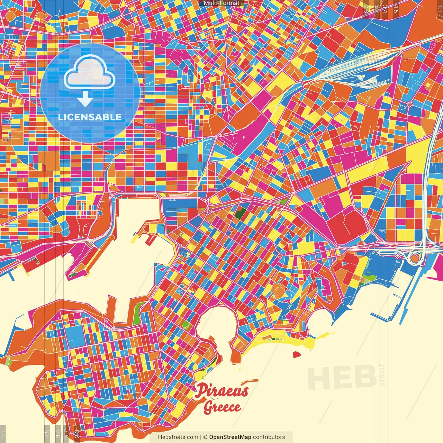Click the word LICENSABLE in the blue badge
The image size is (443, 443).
pyautogui.click(x=90, y=117)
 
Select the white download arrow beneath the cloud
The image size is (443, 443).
pyautogui.click(x=85, y=99)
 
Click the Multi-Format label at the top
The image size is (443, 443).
pyautogui.click(x=221, y=3)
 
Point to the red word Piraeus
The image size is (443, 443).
pyautogui.click(x=221, y=391)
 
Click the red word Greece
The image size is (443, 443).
pyautogui.click(x=222, y=407)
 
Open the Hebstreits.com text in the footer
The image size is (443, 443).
pyautogui.click(x=178, y=437)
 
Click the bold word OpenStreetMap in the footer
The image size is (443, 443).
pyautogui.click(x=230, y=437)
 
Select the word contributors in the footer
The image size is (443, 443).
pyautogui.click(x=269, y=437)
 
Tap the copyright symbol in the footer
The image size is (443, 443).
pyautogui.click(x=205, y=437)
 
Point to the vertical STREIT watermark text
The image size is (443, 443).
pyautogui.click(x=382, y=375)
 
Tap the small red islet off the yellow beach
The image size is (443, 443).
pyautogui.click(x=296, y=354)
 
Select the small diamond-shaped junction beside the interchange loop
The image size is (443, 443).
pyautogui.click(x=398, y=255)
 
